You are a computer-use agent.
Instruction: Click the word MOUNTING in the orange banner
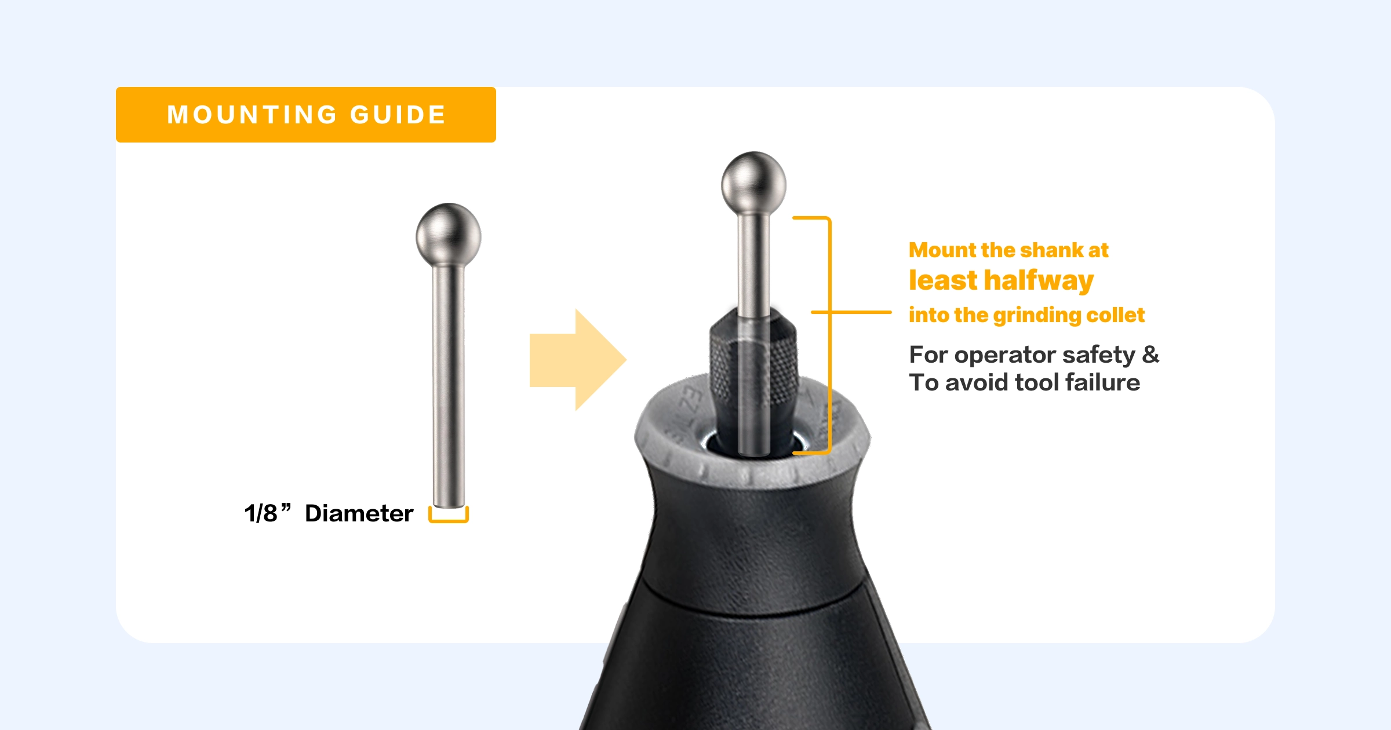(x=252, y=115)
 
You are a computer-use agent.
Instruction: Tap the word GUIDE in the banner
(x=398, y=115)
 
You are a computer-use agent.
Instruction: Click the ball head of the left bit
(x=449, y=235)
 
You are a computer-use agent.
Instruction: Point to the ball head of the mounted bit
(x=753, y=184)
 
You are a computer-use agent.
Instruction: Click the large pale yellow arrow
(x=578, y=360)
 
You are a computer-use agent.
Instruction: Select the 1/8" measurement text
(x=267, y=513)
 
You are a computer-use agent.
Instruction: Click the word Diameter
(x=359, y=513)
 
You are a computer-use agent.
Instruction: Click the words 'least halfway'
(x=1001, y=281)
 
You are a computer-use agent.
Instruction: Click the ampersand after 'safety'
(x=1150, y=354)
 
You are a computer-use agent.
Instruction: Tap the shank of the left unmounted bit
(x=449, y=386)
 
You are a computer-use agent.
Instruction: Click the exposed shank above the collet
(x=753, y=264)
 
